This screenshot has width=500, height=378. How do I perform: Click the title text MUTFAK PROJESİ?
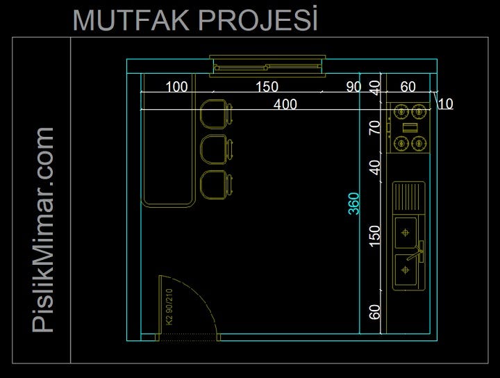click(195, 20)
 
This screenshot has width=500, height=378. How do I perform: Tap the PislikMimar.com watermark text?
click(44, 229)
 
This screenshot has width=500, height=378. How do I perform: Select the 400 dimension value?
click(285, 104)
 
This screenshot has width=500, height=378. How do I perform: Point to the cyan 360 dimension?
click(353, 203)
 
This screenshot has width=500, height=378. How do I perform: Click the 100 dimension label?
click(176, 87)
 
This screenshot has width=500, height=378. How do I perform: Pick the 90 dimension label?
click(353, 87)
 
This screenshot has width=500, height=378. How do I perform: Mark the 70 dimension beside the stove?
click(375, 128)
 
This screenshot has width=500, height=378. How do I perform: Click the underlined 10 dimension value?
click(446, 104)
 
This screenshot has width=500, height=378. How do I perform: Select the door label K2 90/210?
click(169, 310)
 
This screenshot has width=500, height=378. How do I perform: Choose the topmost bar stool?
click(215, 114)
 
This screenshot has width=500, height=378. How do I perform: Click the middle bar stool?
click(215, 149)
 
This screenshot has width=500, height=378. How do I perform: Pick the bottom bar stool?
click(215, 183)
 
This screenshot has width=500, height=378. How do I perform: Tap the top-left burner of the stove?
click(401, 110)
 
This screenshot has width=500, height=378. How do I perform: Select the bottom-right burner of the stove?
click(417, 144)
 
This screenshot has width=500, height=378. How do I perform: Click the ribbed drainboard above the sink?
click(409, 197)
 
